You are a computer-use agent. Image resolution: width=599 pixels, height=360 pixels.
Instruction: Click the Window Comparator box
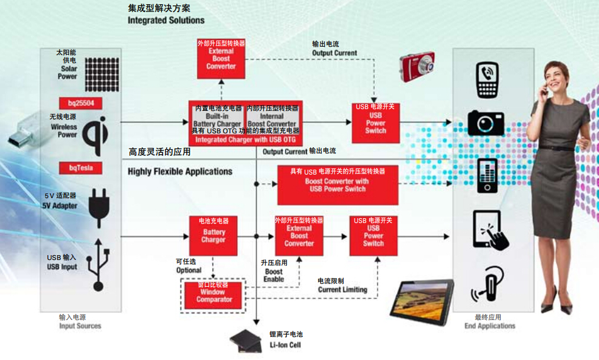pos(214,295)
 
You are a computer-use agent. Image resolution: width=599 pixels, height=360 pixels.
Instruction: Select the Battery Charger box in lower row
pos(213,235)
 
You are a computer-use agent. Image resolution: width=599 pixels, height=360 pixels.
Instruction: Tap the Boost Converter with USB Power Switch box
pos(338,185)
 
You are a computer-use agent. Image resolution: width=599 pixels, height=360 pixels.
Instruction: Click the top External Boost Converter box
pos(221,59)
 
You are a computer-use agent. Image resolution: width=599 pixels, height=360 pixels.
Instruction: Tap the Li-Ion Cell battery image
pos(248,342)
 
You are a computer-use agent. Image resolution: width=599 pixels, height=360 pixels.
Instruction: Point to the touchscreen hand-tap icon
pos(490,230)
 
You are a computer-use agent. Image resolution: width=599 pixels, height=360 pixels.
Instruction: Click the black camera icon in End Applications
pos(486,122)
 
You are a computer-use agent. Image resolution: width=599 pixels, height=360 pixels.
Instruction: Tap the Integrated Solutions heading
pos(166,20)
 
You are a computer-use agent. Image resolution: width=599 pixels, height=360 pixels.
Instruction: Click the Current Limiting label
pos(343,285)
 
